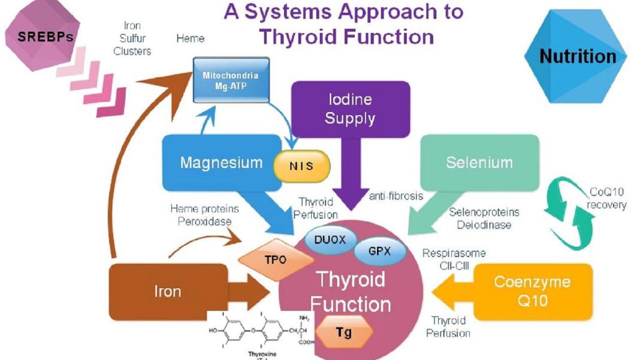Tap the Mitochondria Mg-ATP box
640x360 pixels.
point(231,80)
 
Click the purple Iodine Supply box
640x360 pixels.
point(350,109)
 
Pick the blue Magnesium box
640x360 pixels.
point(221,162)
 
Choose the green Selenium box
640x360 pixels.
point(479,162)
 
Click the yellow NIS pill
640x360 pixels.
point(301,165)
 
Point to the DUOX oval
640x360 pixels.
point(330,239)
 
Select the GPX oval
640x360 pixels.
point(379,250)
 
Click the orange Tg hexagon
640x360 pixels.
point(344,332)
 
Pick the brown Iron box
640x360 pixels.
point(168,291)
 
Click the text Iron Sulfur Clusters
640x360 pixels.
point(132,38)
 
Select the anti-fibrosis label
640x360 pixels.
point(395,196)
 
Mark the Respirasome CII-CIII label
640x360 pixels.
point(453,259)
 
